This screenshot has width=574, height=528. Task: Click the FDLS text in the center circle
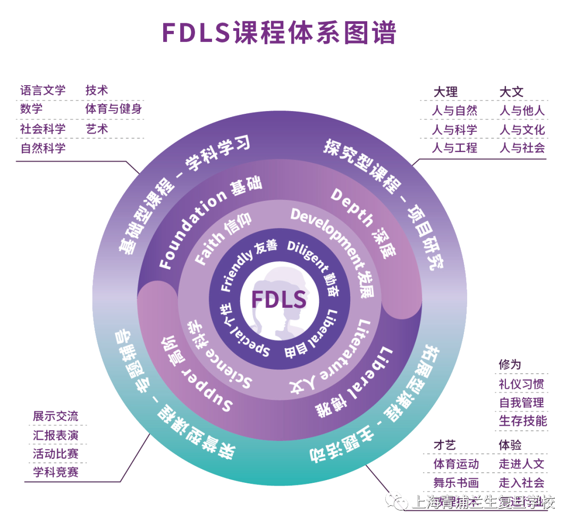point(279,299)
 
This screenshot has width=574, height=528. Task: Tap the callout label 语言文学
point(43,90)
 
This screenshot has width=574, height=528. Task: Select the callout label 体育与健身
point(114,109)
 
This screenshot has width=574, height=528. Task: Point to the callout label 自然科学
point(43,148)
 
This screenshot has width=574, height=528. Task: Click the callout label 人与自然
point(454,111)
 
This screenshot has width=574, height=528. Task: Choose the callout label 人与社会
point(522,148)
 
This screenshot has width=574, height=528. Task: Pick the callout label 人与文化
point(522,129)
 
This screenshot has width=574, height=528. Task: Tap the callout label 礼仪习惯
point(521,383)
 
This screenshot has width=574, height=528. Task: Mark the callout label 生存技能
point(522,421)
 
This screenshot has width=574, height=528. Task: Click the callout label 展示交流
point(56,416)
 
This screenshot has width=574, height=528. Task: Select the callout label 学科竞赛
point(56,472)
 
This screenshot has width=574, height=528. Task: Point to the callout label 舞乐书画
point(456,483)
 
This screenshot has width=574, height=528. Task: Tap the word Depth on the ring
point(351,208)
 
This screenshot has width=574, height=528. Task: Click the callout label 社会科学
point(43,129)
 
